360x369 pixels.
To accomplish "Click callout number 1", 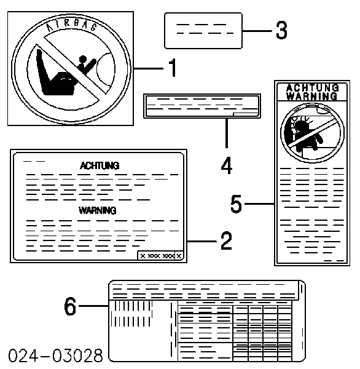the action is tap(173, 68).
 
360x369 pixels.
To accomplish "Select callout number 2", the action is tap(226, 240).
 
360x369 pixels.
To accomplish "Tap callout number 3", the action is tap(281, 30).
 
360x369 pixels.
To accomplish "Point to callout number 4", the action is tap(227, 165).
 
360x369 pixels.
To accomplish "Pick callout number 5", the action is tap(236, 204).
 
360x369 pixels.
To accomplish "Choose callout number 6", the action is tap(70, 306).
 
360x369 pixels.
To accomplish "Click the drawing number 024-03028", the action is tap(55, 355).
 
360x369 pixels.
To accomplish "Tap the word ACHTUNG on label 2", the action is tap(100, 165).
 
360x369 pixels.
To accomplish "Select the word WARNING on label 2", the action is tap(97, 210).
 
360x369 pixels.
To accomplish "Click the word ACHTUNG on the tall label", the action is tap(312, 87).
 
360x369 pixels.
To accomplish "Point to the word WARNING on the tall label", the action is tap(312, 96).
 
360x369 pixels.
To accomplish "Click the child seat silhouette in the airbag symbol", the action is tap(54, 75).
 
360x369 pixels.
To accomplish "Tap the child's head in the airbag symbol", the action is tap(83, 59).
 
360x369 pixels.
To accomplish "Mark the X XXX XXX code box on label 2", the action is tap(160, 255).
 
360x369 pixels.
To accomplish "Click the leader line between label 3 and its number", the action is tap(257, 31).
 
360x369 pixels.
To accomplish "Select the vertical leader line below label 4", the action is tap(227, 133).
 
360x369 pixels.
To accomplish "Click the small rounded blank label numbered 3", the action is tap(203, 31).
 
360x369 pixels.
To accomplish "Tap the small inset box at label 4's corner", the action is tap(245, 114).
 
